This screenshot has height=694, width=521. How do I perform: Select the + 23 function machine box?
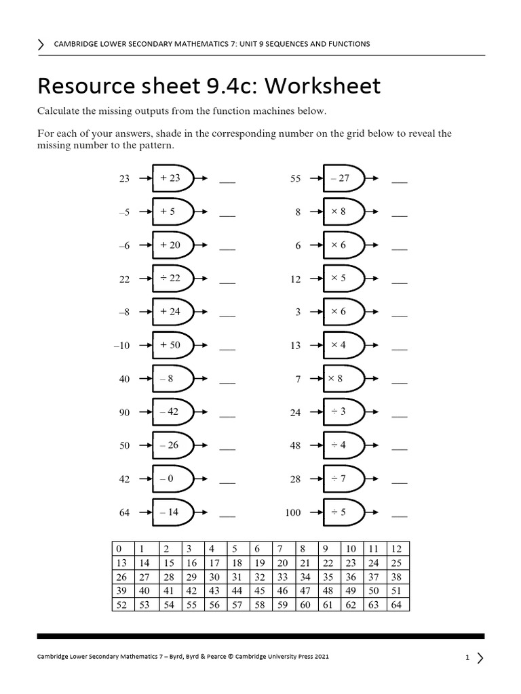click(x=171, y=178)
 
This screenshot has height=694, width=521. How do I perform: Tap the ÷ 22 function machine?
click(x=171, y=278)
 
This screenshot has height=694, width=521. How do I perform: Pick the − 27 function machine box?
click(x=341, y=178)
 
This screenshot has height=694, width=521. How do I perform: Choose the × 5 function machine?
click(x=341, y=278)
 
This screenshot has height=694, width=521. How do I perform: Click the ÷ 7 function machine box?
click(x=341, y=478)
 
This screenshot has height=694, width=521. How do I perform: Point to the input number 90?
click(x=124, y=412)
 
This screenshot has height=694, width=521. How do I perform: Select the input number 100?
click(x=292, y=512)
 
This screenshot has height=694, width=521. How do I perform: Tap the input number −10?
click(x=121, y=346)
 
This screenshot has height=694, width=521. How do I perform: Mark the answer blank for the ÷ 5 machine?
click(x=399, y=516)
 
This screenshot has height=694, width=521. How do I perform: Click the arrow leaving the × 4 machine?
click(x=372, y=345)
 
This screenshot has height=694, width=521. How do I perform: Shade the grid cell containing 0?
click(x=119, y=548)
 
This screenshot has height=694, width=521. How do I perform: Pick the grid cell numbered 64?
click(x=395, y=605)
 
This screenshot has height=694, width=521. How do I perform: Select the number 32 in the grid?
click(x=260, y=577)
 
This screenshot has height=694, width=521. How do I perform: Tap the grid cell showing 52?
click(x=121, y=605)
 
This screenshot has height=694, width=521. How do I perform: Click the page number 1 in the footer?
click(x=467, y=657)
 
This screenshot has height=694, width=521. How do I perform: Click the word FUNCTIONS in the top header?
click(x=346, y=44)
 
